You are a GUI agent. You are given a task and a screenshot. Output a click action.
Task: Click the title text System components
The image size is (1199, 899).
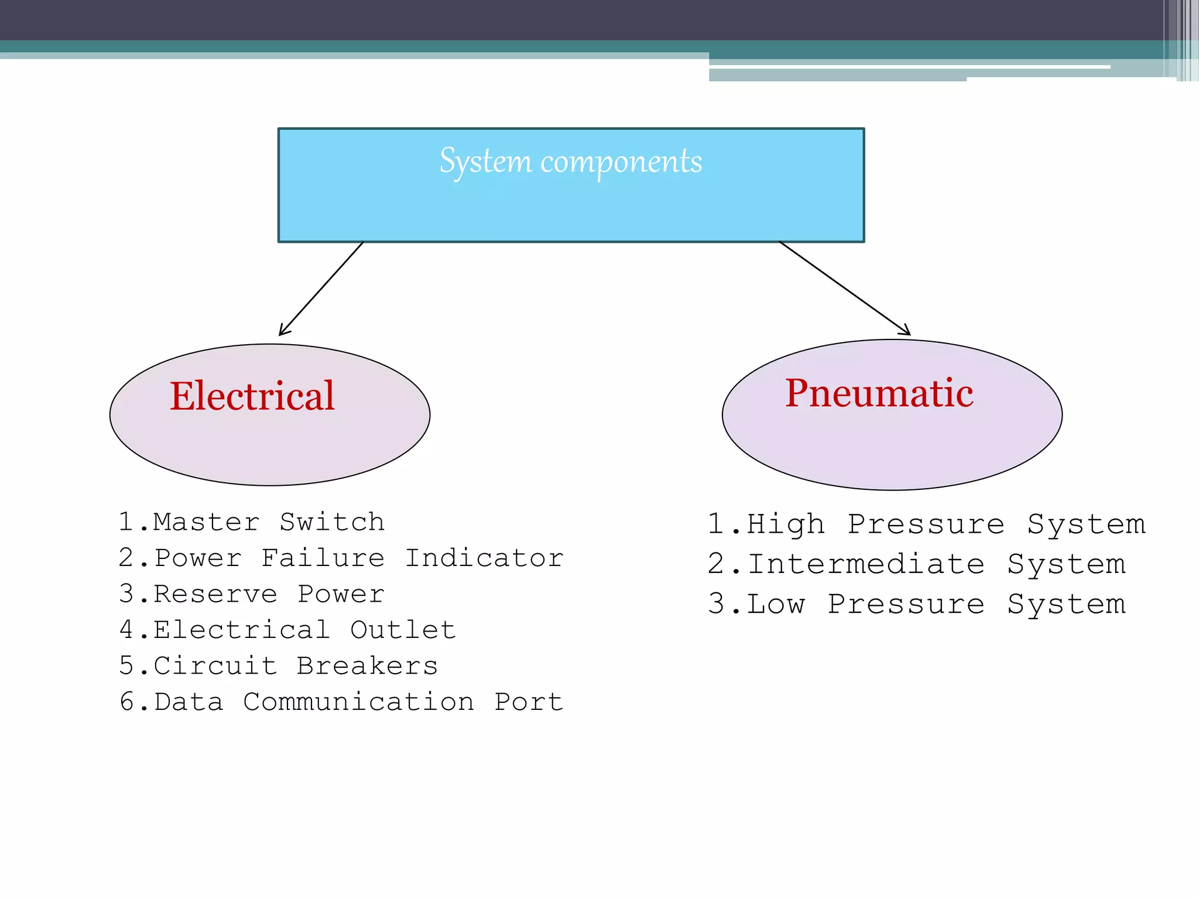pyautogui.click(x=571, y=162)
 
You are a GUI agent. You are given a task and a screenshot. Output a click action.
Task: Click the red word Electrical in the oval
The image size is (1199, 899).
pyautogui.click(x=252, y=396)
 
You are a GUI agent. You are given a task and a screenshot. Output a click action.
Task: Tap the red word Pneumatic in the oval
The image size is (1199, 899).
pyautogui.click(x=879, y=393)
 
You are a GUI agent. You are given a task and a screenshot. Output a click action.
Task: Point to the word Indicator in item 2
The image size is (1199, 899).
pyautogui.click(x=484, y=558)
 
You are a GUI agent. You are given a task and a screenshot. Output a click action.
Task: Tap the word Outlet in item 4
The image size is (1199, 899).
pyautogui.click(x=403, y=630)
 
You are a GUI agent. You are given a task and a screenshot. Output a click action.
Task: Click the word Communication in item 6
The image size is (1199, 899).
pyautogui.click(x=358, y=702)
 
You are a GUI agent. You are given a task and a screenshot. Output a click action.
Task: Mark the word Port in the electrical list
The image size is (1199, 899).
pyautogui.click(x=529, y=702)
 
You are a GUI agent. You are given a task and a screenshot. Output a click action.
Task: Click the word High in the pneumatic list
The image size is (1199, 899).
pyautogui.click(x=786, y=524)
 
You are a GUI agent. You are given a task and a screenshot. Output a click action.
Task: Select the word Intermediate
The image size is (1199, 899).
pyautogui.click(x=866, y=565)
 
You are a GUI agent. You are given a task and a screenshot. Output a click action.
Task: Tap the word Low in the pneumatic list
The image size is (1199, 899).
pyautogui.click(x=776, y=604)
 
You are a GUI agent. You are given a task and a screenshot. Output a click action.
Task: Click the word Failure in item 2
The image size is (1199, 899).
pyautogui.click(x=323, y=558)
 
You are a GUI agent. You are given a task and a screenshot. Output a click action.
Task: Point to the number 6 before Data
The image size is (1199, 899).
pyautogui.click(x=127, y=702)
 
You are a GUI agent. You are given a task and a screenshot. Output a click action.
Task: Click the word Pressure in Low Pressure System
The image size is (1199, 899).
pyautogui.click(x=906, y=604)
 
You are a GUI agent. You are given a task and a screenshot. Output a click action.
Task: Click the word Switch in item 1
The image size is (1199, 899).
pyautogui.click(x=332, y=522)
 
